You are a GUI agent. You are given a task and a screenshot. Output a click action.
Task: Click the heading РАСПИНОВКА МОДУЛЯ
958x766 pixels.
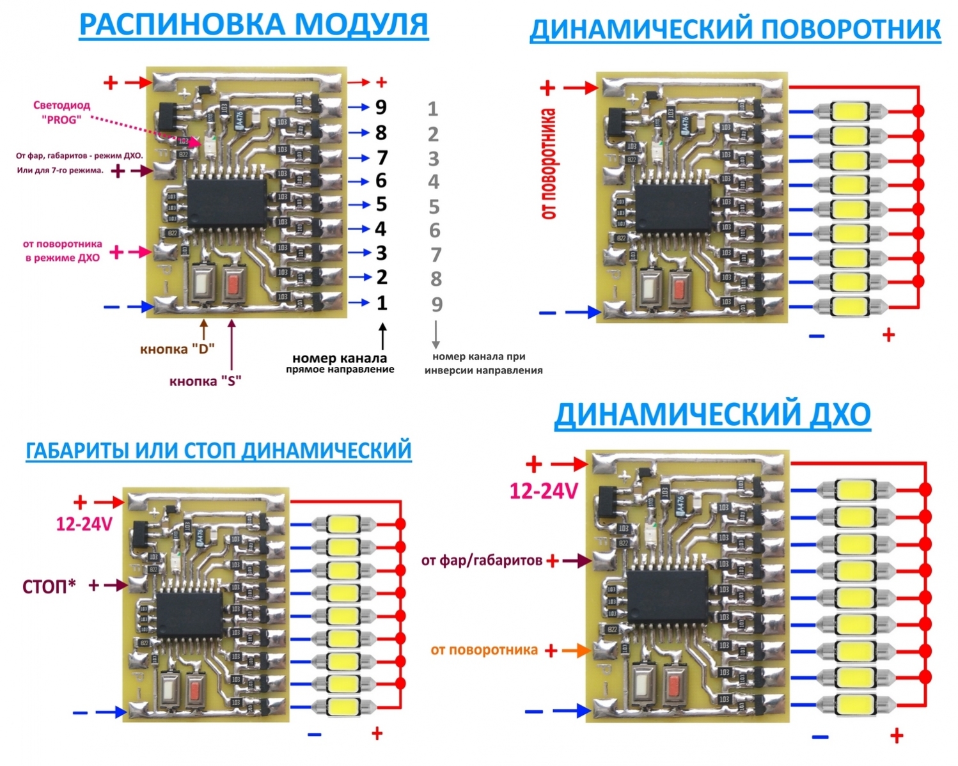point(253,24)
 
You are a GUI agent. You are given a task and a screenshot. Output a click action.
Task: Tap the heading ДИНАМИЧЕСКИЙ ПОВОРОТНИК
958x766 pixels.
point(735,29)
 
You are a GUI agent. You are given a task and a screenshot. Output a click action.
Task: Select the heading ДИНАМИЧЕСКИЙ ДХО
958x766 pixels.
point(712,414)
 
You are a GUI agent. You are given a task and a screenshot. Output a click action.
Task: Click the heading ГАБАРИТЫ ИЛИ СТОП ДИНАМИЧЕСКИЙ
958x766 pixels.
point(218,450)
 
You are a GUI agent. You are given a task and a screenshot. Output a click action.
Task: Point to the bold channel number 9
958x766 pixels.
point(381,107)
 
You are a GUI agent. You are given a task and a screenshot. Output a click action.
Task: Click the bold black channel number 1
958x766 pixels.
point(382,302)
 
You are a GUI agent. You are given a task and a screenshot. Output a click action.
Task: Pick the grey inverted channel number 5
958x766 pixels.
point(434,207)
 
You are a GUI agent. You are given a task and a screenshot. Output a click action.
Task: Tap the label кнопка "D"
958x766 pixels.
point(177,349)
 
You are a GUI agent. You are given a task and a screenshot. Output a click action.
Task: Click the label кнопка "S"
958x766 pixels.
point(205,382)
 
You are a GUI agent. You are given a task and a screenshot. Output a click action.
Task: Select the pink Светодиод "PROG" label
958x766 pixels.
point(61,112)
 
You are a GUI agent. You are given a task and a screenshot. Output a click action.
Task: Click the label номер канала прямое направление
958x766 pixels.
point(340,363)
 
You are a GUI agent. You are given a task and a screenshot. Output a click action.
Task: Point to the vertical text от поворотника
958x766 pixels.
point(549,164)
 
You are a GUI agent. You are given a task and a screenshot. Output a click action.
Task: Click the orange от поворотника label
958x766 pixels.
point(484,650)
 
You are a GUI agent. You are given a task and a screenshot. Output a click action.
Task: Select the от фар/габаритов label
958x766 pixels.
point(482,561)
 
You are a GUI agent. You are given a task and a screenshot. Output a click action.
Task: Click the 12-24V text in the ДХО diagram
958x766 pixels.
point(544,491)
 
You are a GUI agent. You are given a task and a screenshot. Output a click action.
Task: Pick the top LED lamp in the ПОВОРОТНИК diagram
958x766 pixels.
point(849,111)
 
